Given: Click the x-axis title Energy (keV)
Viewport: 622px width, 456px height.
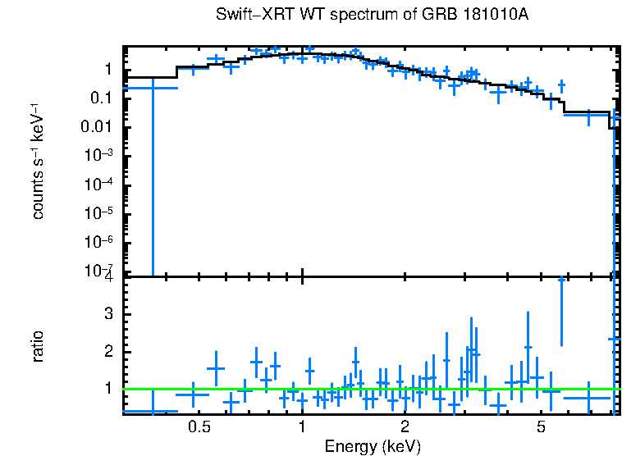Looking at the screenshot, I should point(373,446).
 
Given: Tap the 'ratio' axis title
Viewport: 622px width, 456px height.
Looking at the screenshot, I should point(38,346).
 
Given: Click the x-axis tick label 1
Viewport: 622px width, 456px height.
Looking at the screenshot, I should point(302,426).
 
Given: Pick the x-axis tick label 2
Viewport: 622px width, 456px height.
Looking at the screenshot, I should point(405,426).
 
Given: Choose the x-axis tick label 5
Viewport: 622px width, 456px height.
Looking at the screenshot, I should point(541,426).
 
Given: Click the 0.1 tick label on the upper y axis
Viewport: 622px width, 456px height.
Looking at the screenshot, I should point(100,98).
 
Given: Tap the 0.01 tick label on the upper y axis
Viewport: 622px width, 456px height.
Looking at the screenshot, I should point(97,127).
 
